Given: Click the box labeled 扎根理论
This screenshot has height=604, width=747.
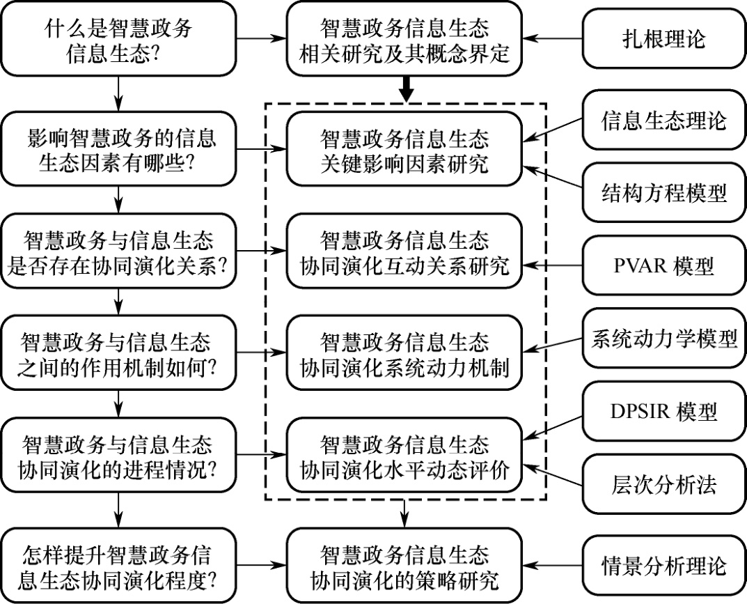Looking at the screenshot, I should pyautogui.click(x=663, y=38).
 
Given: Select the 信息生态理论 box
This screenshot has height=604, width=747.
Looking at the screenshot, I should pyautogui.click(x=663, y=120).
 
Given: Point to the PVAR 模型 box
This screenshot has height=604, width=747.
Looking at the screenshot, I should pyautogui.click(x=663, y=266).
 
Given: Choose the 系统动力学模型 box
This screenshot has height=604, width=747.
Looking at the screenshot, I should pyautogui.click(x=663, y=339).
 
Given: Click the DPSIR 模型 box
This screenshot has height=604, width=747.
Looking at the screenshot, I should pyautogui.click(x=663, y=412).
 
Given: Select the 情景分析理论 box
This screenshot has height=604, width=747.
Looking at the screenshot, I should pyautogui.click(x=663, y=565).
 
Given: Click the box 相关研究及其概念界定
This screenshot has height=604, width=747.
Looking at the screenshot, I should pyautogui.click(x=404, y=40).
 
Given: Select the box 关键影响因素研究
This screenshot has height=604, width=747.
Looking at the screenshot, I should pyautogui.click(x=404, y=148).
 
